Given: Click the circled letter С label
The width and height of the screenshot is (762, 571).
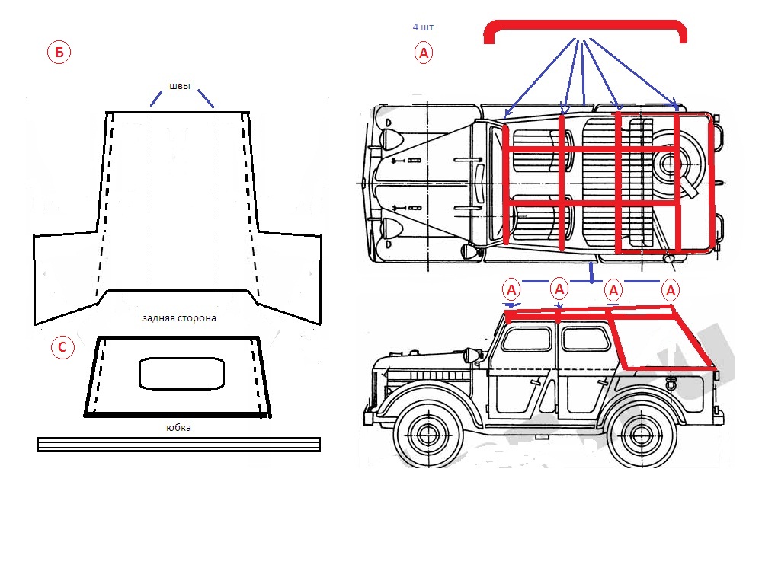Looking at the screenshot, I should (62, 348).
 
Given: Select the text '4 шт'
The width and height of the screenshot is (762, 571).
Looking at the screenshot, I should (423, 27).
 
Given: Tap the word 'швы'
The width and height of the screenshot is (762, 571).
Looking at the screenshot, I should (179, 85).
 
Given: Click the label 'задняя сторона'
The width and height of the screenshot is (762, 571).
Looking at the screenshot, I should (179, 317).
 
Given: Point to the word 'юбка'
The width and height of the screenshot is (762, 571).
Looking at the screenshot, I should (178, 428).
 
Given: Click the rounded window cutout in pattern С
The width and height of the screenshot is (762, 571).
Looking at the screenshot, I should (181, 373).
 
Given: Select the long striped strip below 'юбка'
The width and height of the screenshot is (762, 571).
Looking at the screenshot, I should (178, 444).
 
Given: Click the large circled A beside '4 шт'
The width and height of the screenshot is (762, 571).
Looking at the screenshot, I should (424, 53).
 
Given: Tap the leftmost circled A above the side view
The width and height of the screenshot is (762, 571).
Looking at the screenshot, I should (511, 289).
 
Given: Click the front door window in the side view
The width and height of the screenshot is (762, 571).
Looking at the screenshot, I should (527, 338).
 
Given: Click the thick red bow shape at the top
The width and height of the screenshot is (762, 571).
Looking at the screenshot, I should (585, 29).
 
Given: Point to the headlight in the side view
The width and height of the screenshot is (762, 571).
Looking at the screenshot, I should (470, 353).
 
